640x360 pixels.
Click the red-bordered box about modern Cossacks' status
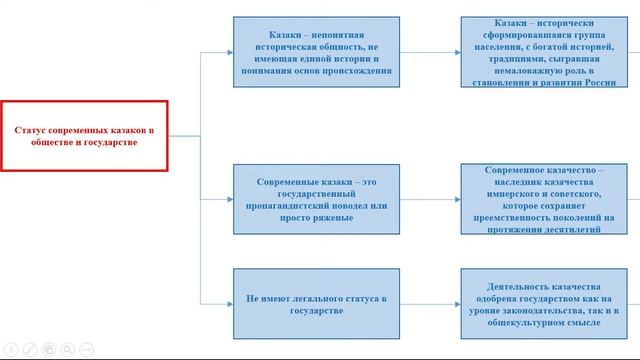(84, 136)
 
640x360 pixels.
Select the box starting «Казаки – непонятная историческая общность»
(315, 50)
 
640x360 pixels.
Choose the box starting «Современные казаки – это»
(315, 197)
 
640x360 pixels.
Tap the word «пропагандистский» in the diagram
(290, 203)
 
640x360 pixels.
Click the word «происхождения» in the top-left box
(357, 71)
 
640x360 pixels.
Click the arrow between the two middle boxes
(430, 197)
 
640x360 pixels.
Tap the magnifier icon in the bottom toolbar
(66, 349)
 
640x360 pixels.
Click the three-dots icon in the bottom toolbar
(87, 349)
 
